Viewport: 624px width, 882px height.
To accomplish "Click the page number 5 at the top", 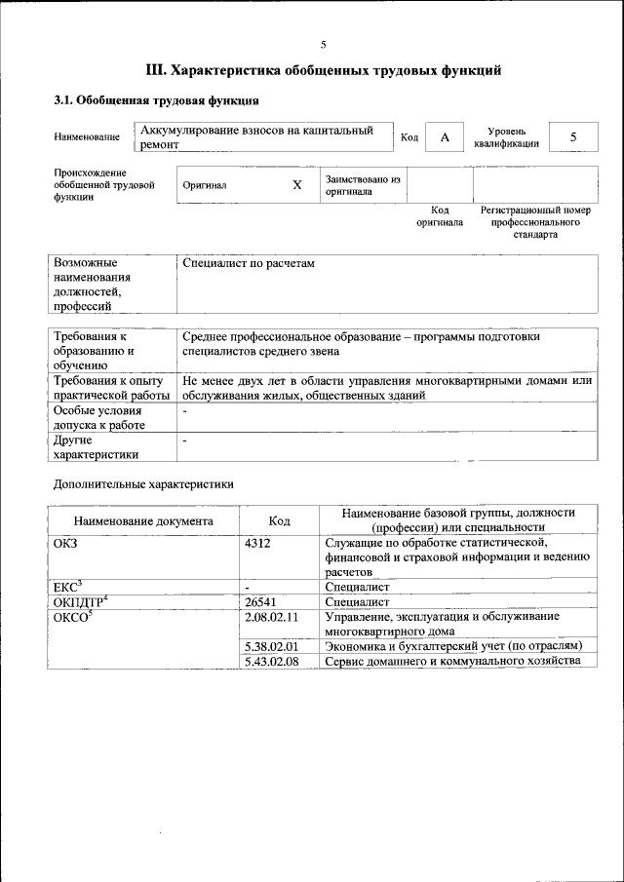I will click(x=324, y=45).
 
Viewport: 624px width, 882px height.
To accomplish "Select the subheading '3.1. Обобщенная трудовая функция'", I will click(x=155, y=99).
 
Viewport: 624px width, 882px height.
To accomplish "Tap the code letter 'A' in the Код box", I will click(x=445, y=137).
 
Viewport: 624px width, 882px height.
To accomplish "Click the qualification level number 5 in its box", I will click(x=573, y=137).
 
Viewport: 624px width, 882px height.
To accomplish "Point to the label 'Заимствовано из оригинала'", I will click(x=363, y=185).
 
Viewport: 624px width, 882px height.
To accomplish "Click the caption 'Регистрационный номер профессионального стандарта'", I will click(x=535, y=222).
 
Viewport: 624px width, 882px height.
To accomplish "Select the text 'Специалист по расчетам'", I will click(x=249, y=264).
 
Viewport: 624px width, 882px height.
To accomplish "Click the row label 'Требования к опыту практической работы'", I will click(x=112, y=387).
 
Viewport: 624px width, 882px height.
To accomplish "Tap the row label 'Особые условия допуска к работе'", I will click(x=99, y=418).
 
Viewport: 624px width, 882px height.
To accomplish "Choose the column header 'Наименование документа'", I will click(x=142, y=520).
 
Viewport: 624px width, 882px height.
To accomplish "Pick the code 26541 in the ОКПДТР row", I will click(x=262, y=602).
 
